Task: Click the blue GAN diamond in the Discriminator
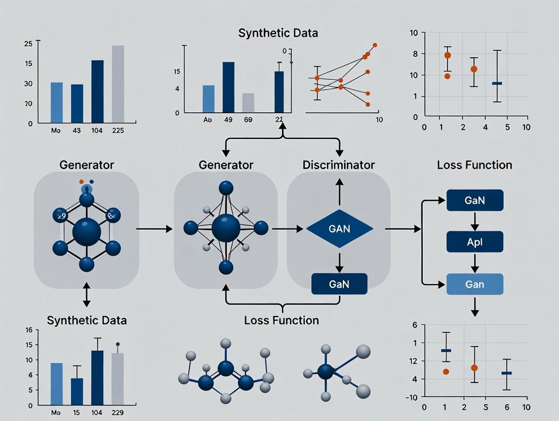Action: click(339, 229)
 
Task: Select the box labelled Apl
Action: click(474, 242)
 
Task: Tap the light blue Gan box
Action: click(474, 284)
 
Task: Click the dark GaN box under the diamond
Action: click(339, 283)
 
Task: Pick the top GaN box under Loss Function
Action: click(474, 200)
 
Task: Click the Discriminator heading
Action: click(338, 165)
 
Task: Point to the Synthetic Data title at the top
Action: click(278, 33)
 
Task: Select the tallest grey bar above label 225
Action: click(117, 84)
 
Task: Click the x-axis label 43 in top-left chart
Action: click(77, 130)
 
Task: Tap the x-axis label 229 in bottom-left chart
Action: click(117, 412)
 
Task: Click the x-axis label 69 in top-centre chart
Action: click(248, 119)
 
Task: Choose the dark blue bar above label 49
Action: click(228, 87)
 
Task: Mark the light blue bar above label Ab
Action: click(208, 98)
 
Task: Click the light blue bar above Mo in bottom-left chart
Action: click(57, 384)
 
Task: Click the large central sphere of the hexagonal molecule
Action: click(87, 232)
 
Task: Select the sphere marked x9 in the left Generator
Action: click(61, 216)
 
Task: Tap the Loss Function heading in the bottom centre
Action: click(281, 320)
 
